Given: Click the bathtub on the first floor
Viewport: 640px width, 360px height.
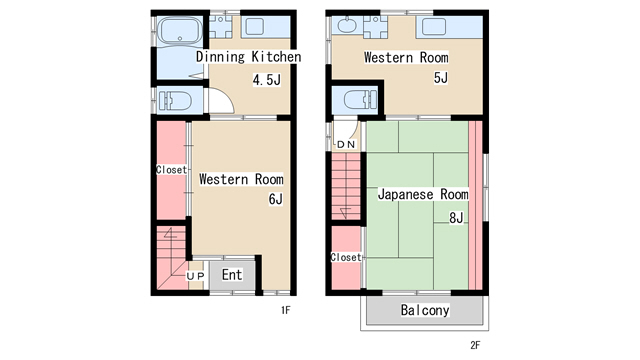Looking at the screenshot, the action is click(x=180, y=31).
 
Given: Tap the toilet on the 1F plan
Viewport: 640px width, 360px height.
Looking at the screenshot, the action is click(x=176, y=100).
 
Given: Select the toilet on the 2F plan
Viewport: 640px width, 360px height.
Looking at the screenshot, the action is click(x=360, y=99).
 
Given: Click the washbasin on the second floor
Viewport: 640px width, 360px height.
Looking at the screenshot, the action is click(x=347, y=25).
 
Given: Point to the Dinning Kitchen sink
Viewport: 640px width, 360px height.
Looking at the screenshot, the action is click(x=255, y=27).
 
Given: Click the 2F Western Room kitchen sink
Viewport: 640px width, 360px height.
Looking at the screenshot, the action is click(x=434, y=27).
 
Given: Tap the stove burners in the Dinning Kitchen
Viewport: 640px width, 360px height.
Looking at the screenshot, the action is click(x=220, y=27).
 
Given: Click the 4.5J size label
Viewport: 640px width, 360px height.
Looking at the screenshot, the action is click(x=267, y=80).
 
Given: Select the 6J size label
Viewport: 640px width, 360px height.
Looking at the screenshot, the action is click(x=276, y=199).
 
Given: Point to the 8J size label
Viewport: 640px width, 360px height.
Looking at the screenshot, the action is click(x=456, y=218).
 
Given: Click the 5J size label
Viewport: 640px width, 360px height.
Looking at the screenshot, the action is click(x=441, y=78).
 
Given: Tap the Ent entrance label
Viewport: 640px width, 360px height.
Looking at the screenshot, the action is click(x=232, y=275).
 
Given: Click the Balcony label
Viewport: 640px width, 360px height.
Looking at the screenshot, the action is click(x=425, y=310).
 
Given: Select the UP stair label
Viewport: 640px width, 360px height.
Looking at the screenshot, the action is click(x=196, y=276).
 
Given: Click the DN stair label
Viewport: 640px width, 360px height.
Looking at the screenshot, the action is click(x=346, y=144).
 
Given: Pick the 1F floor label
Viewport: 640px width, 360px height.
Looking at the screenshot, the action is click(x=286, y=310).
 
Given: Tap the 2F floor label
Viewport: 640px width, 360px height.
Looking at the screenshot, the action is click(x=475, y=345).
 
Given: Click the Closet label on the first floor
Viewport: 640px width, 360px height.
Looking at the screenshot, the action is click(x=171, y=169).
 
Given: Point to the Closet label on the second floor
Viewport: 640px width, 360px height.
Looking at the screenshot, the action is click(x=346, y=257).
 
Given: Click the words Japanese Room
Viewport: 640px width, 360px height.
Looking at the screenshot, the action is click(x=423, y=194).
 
